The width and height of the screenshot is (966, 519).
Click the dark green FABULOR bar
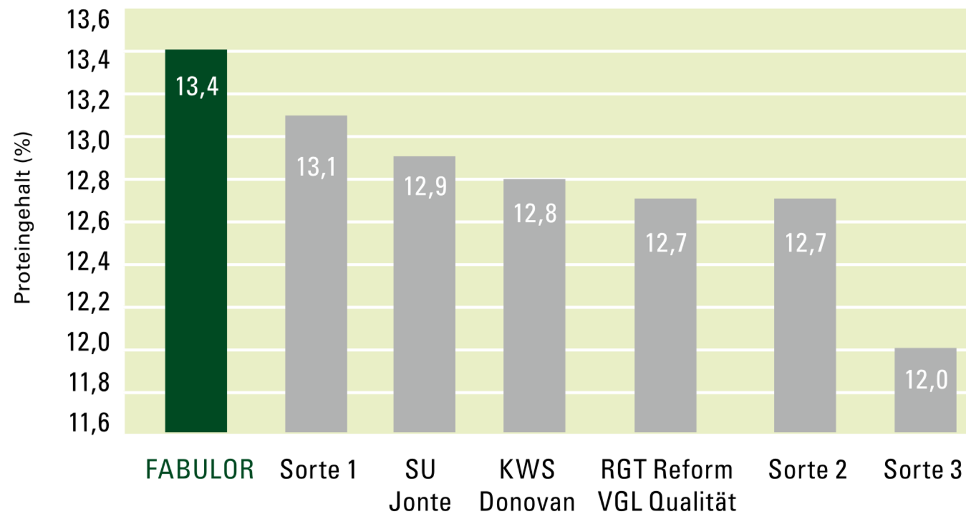[196, 240]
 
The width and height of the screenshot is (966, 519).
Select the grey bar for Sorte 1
[316, 274]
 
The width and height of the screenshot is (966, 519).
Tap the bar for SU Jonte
[424, 294]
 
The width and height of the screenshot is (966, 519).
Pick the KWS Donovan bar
[534, 306]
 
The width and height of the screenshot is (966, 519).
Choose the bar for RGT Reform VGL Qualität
[665, 315]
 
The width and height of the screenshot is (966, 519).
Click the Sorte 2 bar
[805, 315]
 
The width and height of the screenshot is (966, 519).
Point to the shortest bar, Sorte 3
[926, 390]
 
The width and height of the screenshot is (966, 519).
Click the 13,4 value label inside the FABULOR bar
[197, 87]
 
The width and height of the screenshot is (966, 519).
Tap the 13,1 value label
[316, 167]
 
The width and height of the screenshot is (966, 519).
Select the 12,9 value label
[425, 187]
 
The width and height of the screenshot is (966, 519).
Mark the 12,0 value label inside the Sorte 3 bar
[926, 380]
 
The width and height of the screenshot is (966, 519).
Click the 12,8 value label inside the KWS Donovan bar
[535, 213]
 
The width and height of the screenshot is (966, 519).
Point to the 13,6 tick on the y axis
[88, 20]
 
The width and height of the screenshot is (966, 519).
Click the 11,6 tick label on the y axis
[89, 422]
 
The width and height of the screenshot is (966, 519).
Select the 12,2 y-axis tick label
[88, 301]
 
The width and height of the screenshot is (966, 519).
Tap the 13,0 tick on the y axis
[88, 141]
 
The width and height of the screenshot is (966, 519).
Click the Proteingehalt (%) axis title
[22, 218]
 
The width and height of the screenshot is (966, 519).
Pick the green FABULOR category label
[200, 469]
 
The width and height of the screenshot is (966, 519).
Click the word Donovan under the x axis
[527, 502]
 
